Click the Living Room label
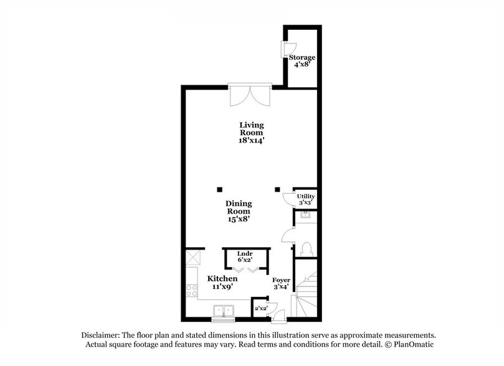tap(252, 128)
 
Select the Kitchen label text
tap(222, 278)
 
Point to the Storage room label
tap(301, 58)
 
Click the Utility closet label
tap(305, 197)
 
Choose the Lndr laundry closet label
tap(246, 254)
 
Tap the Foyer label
tap(281, 281)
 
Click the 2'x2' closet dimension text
tap(260, 307)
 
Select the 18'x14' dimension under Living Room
tap(252, 141)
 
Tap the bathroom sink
tap(305, 217)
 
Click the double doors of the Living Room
tap(250, 97)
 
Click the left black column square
tap(219, 189)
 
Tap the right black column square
tap(278, 189)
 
